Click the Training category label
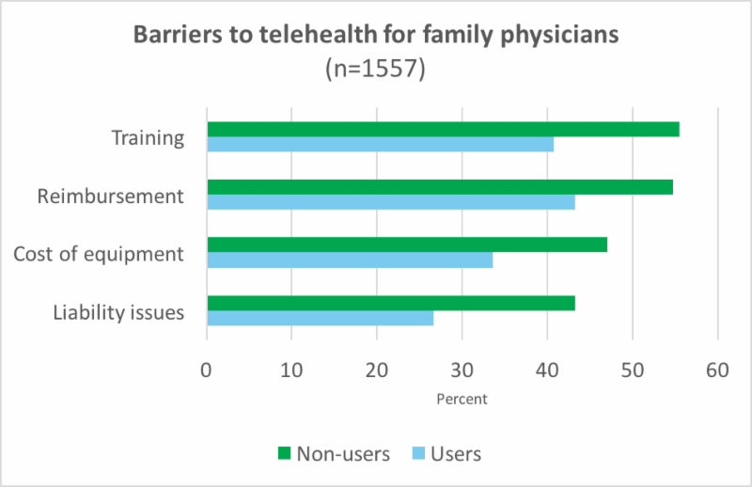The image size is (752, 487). (x=147, y=137)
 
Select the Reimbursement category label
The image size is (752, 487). (x=110, y=196)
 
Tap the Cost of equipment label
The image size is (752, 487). (x=99, y=254)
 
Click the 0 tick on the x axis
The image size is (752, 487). (x=207, y=369)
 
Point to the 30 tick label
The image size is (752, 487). (x=462, y=369)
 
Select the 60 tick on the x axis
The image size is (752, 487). (x=718, y=369)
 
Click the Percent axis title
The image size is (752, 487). (x=462, y=399)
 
